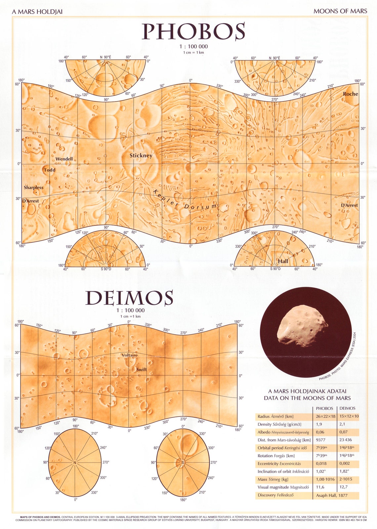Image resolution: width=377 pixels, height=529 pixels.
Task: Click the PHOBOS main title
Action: [193, 31]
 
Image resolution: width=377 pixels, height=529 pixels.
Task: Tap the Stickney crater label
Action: [141, 155]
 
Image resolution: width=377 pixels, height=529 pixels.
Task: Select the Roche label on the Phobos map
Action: [350, 94]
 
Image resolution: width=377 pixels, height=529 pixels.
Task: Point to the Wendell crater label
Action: [64, 159]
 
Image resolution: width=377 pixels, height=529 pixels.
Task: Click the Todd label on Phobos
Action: [50, 170]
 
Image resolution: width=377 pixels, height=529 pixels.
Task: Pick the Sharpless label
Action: [33, 187]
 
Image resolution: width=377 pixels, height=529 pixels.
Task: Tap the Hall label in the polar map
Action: [283, 261]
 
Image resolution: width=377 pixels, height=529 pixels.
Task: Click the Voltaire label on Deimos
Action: [129, 355]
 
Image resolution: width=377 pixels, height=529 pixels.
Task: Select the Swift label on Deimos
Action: [141, 370]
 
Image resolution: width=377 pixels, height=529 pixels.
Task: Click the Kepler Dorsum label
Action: [186, 201]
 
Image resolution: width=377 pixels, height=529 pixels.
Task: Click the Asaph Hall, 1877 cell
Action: [332, 495]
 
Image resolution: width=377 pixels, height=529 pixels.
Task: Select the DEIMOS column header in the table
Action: [347, 408]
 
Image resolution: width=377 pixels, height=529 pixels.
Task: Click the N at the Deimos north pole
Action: [75, 463]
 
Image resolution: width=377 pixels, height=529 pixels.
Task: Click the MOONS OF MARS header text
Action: [340, 11]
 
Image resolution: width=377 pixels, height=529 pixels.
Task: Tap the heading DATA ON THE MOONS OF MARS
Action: [307, 398]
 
